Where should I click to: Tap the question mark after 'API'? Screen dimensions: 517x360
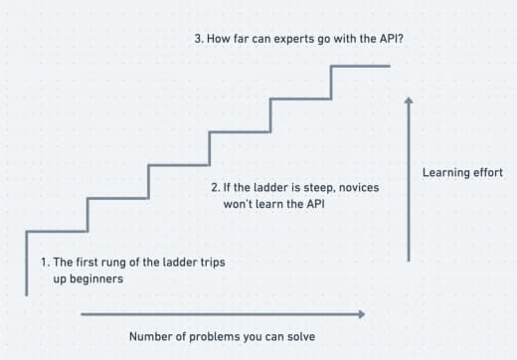pyautogui.click(x=401, y=38)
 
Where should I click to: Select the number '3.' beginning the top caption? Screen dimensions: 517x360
pyautogui.click(x=199, y=39)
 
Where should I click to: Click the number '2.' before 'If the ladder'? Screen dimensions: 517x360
pyautogui.click(x=216, y=187)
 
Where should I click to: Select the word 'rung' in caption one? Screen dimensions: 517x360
pyautogui.click(x=113, y=263)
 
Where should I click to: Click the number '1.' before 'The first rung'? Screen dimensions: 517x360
pyautogui.click(x=46, y=263)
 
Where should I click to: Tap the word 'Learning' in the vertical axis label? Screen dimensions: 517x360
pyautogui.click(x=443, y=173)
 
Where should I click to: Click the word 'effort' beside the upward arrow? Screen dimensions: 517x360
pyautogui.click(x=487, y=172)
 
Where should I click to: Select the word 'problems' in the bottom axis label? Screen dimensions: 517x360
pyautogui.click(x=215, y=337)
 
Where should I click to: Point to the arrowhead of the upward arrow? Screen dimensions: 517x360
pyautogui.click(x=409, y=99)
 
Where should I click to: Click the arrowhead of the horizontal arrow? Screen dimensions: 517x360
pyautogui.click(x=362, y=314)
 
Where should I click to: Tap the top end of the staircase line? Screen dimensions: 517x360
pyautogui.click(x=390, y=66)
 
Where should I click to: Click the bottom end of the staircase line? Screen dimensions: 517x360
pyautogui.click(x=27, y=295)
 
